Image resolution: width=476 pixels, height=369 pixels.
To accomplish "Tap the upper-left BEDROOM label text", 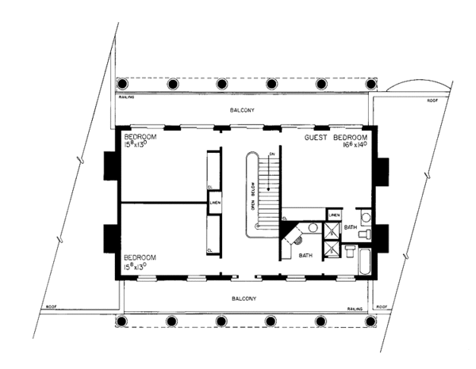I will pyautogui.click(x=140, y=137).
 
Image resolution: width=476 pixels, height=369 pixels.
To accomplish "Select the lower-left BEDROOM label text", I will pyautogui.click(x=140, y=257).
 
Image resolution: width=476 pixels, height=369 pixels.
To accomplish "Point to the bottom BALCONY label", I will pyautogui.click(x=244, y=299).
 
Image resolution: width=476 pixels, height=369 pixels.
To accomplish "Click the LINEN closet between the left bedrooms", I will pyautogui.click(x=214, y=204).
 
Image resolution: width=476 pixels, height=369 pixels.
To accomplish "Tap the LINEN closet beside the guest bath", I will pyautogui.click(x=335, y=215).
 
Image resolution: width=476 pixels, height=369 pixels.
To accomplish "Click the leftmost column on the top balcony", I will pyautogui.click(x=121, y=84).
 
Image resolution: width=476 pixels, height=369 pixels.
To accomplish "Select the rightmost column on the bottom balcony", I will pyautogui.click(x=370, y=321).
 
